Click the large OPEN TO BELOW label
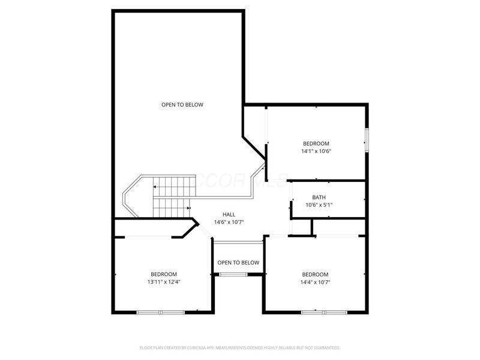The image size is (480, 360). [182, 105]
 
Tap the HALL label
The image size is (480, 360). [229, 214]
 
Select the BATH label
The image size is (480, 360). [319, 197]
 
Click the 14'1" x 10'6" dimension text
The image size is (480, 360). [316, 151]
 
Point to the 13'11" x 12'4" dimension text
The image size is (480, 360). [164, 281]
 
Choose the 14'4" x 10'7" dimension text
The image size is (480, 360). [316, 282]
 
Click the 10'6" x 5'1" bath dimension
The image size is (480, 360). [319, 205]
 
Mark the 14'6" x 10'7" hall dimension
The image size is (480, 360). [229, 222]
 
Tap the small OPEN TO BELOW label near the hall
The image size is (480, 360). [238, 263]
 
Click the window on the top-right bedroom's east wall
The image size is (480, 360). [367, 140]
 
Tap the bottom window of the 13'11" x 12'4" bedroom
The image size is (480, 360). [160, 312]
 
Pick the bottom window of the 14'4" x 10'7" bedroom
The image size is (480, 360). [324, 312]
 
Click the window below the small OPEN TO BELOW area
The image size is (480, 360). [233, 274]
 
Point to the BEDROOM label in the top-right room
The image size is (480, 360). [316, 143]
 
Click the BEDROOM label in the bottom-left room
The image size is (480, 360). [164, 274]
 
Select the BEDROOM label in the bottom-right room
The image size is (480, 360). [316, 274]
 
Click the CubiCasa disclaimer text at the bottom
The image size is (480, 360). [240, 347]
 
